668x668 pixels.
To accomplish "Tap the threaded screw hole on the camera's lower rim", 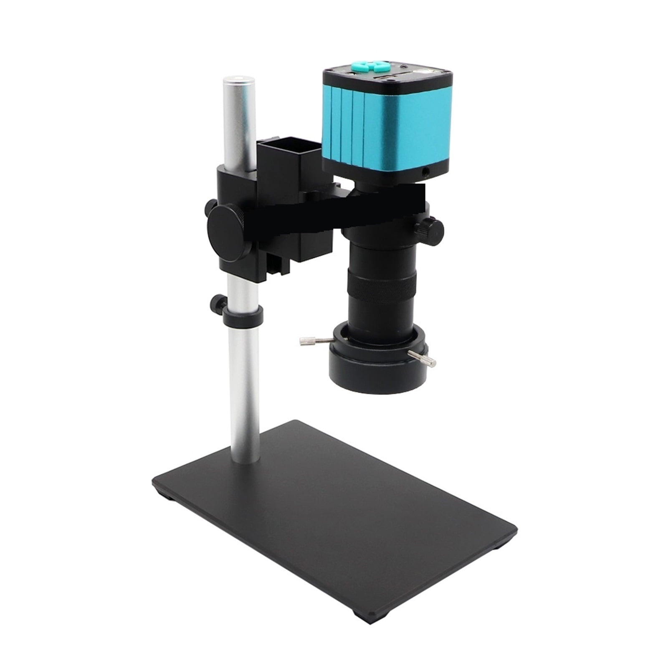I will pyautogui.click(x=426, y=171).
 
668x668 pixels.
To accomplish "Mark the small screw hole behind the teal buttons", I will pyautogui.click(x=403, y=67).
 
